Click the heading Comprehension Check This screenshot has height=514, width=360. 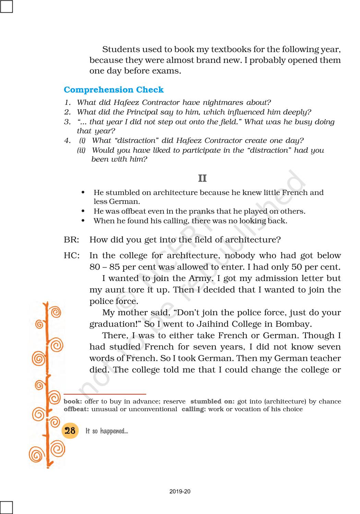coord(113,90)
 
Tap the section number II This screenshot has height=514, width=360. coord(202,178)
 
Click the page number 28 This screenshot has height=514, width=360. coord(70,431)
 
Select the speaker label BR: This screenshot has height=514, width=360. coord(71,240)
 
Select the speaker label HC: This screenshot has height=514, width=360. coord(72,256)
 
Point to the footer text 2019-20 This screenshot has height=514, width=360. coord(180,491)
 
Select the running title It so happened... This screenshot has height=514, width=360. coord(107,431)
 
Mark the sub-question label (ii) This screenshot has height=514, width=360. coord(81,150)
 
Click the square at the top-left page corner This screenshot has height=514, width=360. coord(6,6)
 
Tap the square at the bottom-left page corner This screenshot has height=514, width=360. coord(6,507)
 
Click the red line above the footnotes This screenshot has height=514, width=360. coord(105,394)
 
